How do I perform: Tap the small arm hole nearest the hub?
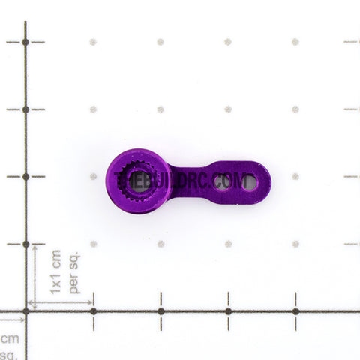point(222,181)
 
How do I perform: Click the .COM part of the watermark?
point(232,181)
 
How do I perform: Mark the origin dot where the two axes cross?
point(25,310)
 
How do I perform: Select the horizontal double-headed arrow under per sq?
point(59,303)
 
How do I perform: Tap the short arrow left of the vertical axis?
point(13,319)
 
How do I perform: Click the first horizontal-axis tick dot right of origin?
point(93,310)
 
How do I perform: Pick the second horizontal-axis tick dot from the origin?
point(160,310)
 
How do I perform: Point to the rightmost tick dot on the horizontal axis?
point(295,310)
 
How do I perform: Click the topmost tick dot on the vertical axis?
point(25,42)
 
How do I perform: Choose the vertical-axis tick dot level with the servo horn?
point(25,177)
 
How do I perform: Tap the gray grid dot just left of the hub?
point(93,177)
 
